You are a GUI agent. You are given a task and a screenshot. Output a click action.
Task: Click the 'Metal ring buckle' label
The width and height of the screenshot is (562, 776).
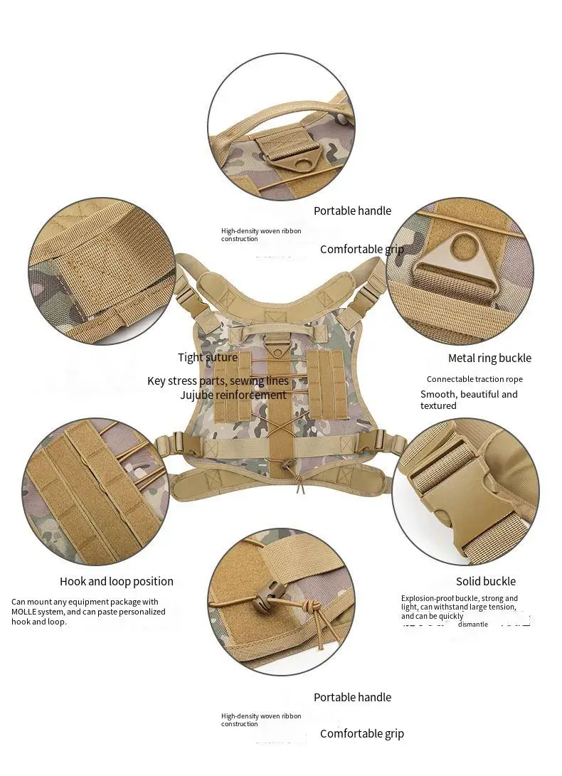tap(489, 358)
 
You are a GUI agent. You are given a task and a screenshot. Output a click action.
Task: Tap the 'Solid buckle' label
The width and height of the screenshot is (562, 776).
tap(486, 582)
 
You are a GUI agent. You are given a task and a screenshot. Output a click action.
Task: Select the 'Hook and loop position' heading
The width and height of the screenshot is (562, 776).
tap(117, 582)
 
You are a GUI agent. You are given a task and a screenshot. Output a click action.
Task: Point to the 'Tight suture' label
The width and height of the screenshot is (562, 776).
tap(208, 358)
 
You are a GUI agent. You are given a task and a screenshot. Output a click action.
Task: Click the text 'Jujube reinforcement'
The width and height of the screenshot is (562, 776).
tap(233, 395)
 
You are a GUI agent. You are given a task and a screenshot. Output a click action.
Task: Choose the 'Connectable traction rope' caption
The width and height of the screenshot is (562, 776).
tap(474, 380)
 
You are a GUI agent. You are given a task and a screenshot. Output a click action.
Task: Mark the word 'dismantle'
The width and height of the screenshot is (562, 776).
tap(473, 624)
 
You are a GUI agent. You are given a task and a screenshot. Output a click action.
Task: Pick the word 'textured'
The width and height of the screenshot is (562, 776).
tap(438, 406)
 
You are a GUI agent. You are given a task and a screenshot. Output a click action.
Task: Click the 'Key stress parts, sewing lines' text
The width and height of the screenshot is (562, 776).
tap(218, 381)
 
